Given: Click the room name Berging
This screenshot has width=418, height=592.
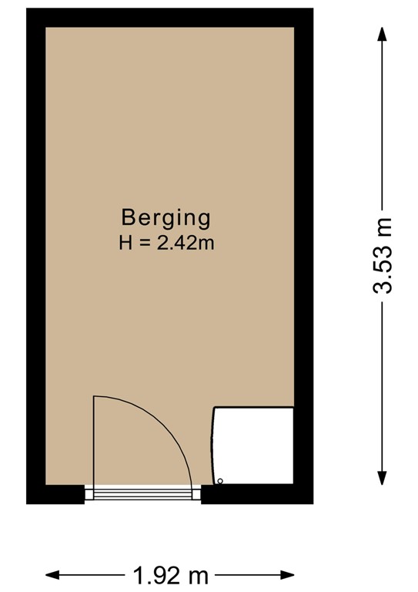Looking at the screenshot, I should [x=166, y=217].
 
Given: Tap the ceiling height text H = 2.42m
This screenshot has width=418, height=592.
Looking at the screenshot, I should [x=166, y=244].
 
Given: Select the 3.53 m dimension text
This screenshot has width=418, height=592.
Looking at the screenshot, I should [x=383, y=254].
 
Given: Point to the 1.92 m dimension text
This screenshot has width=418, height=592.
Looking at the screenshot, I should [x=170, y=574].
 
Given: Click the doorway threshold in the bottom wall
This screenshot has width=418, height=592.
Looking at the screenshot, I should [x=142, y=493].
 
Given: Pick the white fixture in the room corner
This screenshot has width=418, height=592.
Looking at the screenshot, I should [x=253, y=446].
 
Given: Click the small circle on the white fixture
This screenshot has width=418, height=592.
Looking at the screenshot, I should [x=220, y=481].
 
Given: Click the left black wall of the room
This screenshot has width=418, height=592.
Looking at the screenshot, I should [x=35, y=254].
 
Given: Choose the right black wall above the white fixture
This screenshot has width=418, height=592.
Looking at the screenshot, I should [x=303, y=208].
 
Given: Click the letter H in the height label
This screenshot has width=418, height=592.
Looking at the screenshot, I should [x=125, y=244].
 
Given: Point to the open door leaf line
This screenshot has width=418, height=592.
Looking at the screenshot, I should [x=94, y=439].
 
